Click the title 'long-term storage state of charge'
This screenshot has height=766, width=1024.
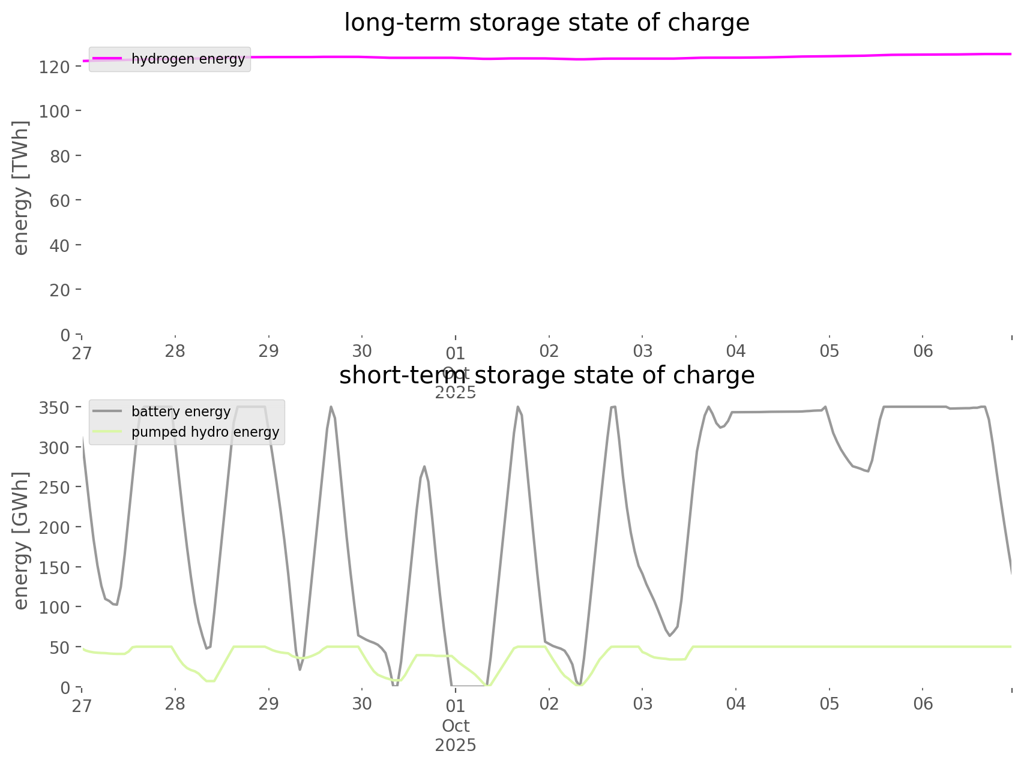(x=546, y=23)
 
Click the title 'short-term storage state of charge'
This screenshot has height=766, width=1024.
(x=546, y=376)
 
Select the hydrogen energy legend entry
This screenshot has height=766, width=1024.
(x=188, y=59)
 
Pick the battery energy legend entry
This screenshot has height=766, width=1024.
(x=181, y=411)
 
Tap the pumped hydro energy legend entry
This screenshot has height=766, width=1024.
(x=205, y=432)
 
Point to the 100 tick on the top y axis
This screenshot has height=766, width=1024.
(x=55, y=111)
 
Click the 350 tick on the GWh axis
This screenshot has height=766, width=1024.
(x=55, y=408)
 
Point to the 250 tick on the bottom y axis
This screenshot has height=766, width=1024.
(x=55, y=487)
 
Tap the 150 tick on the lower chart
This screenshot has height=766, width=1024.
(x=55, y=567)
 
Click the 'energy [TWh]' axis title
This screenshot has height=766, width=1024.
(x=21, y=188)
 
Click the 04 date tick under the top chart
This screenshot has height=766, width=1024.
(x=736, y=352)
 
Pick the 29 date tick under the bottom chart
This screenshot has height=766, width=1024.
(x=269, y=704)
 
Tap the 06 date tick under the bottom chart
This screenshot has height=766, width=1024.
(x=923, y=704)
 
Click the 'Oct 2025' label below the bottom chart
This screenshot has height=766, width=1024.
(x=456, y=736)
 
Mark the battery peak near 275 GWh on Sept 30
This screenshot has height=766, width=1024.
(x=424, y=466)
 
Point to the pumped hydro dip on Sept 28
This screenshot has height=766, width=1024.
(x=210, y=681)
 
